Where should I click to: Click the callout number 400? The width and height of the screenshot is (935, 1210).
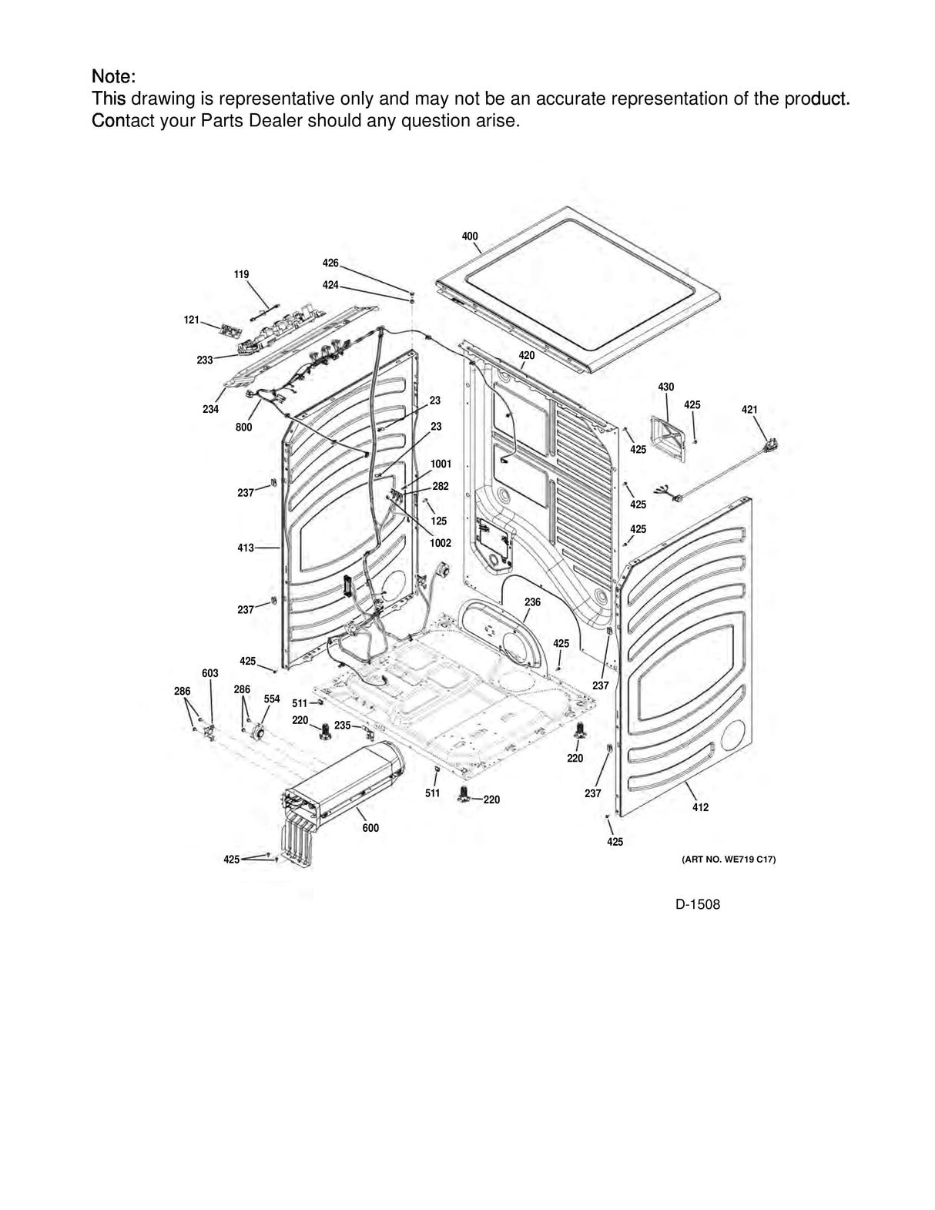[x=470, y=236]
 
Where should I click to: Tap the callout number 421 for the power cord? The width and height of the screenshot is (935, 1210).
[x=749, y=410]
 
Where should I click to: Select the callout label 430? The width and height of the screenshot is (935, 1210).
[x=666, y=387]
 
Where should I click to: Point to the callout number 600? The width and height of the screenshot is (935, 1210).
[x=370, y=828]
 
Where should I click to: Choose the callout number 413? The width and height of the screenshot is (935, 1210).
[x=245, y=548]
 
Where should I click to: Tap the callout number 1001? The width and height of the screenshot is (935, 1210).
[x=441, y=464]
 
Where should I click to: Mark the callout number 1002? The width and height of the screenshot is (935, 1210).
[x=441, y=543]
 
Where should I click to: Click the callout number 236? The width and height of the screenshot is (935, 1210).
[x=532, y=602]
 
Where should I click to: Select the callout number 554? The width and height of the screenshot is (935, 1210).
[x=272, y=699]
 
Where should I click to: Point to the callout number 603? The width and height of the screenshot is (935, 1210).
[x=210, y=673]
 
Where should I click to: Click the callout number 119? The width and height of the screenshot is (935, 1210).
[x=242, y=274]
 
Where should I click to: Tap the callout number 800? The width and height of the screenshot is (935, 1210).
[x=243, y=427]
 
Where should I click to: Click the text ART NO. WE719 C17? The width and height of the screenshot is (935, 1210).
[x=728, y=859]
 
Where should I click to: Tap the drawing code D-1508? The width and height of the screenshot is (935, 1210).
[x=698, y=905]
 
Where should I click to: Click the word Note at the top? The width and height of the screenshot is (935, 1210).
[x=113, y=77]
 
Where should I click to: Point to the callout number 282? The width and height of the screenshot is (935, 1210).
[x=440, y=487]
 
